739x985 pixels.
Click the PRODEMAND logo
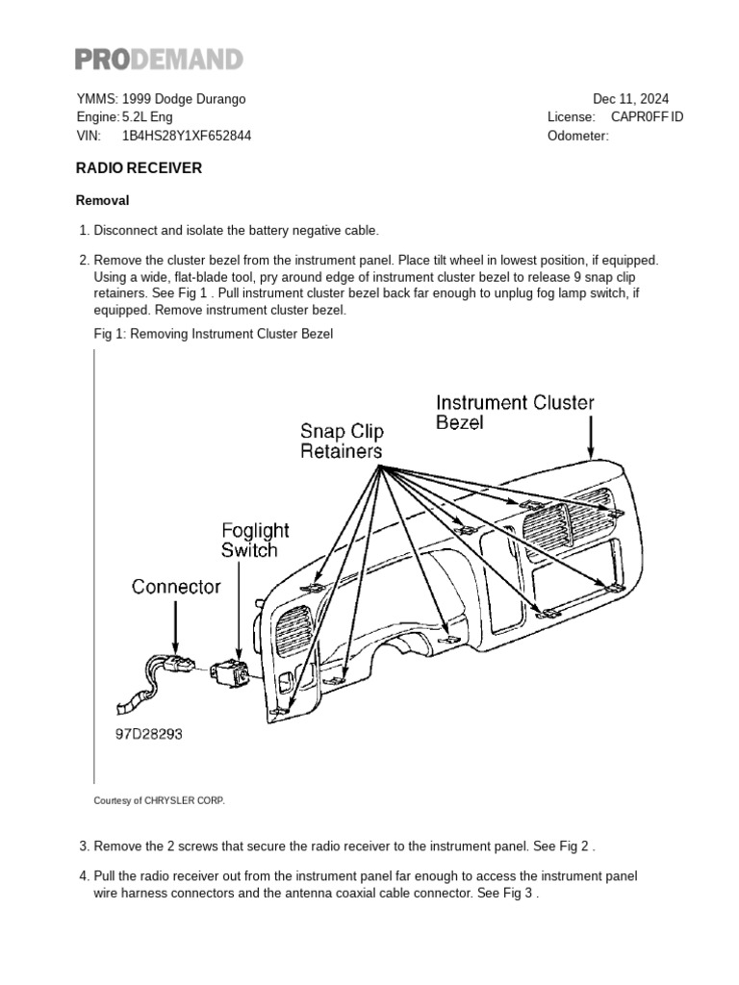159,60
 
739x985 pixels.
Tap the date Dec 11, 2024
630,99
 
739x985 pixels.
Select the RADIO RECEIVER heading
139,167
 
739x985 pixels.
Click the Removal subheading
102,201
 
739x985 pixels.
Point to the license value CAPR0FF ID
648,117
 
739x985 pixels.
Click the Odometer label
577,136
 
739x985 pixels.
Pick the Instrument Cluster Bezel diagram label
515,412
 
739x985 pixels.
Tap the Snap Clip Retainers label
341,441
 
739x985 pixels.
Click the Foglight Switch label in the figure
255,540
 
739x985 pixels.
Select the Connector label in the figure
176,586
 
